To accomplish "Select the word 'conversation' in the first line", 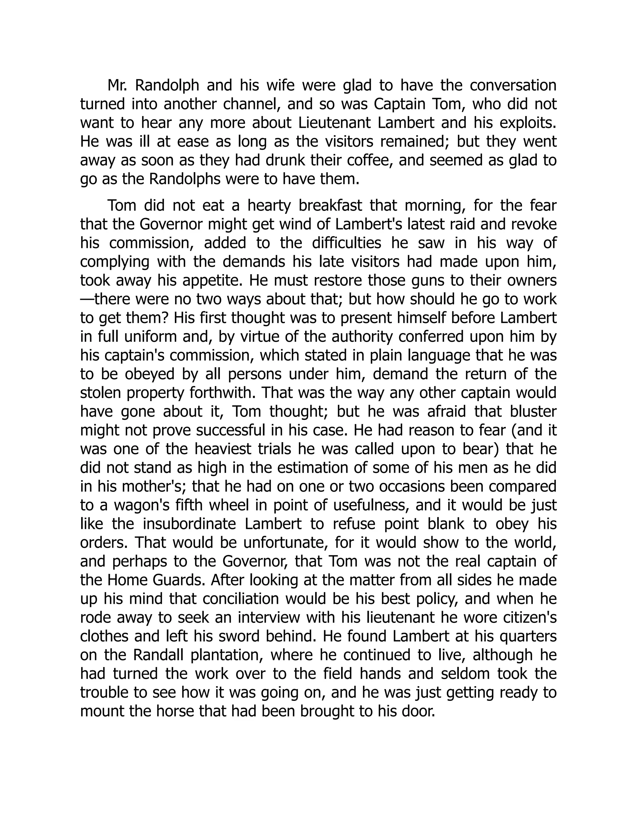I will [513, 86].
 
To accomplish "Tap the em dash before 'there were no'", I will [87, 299].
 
